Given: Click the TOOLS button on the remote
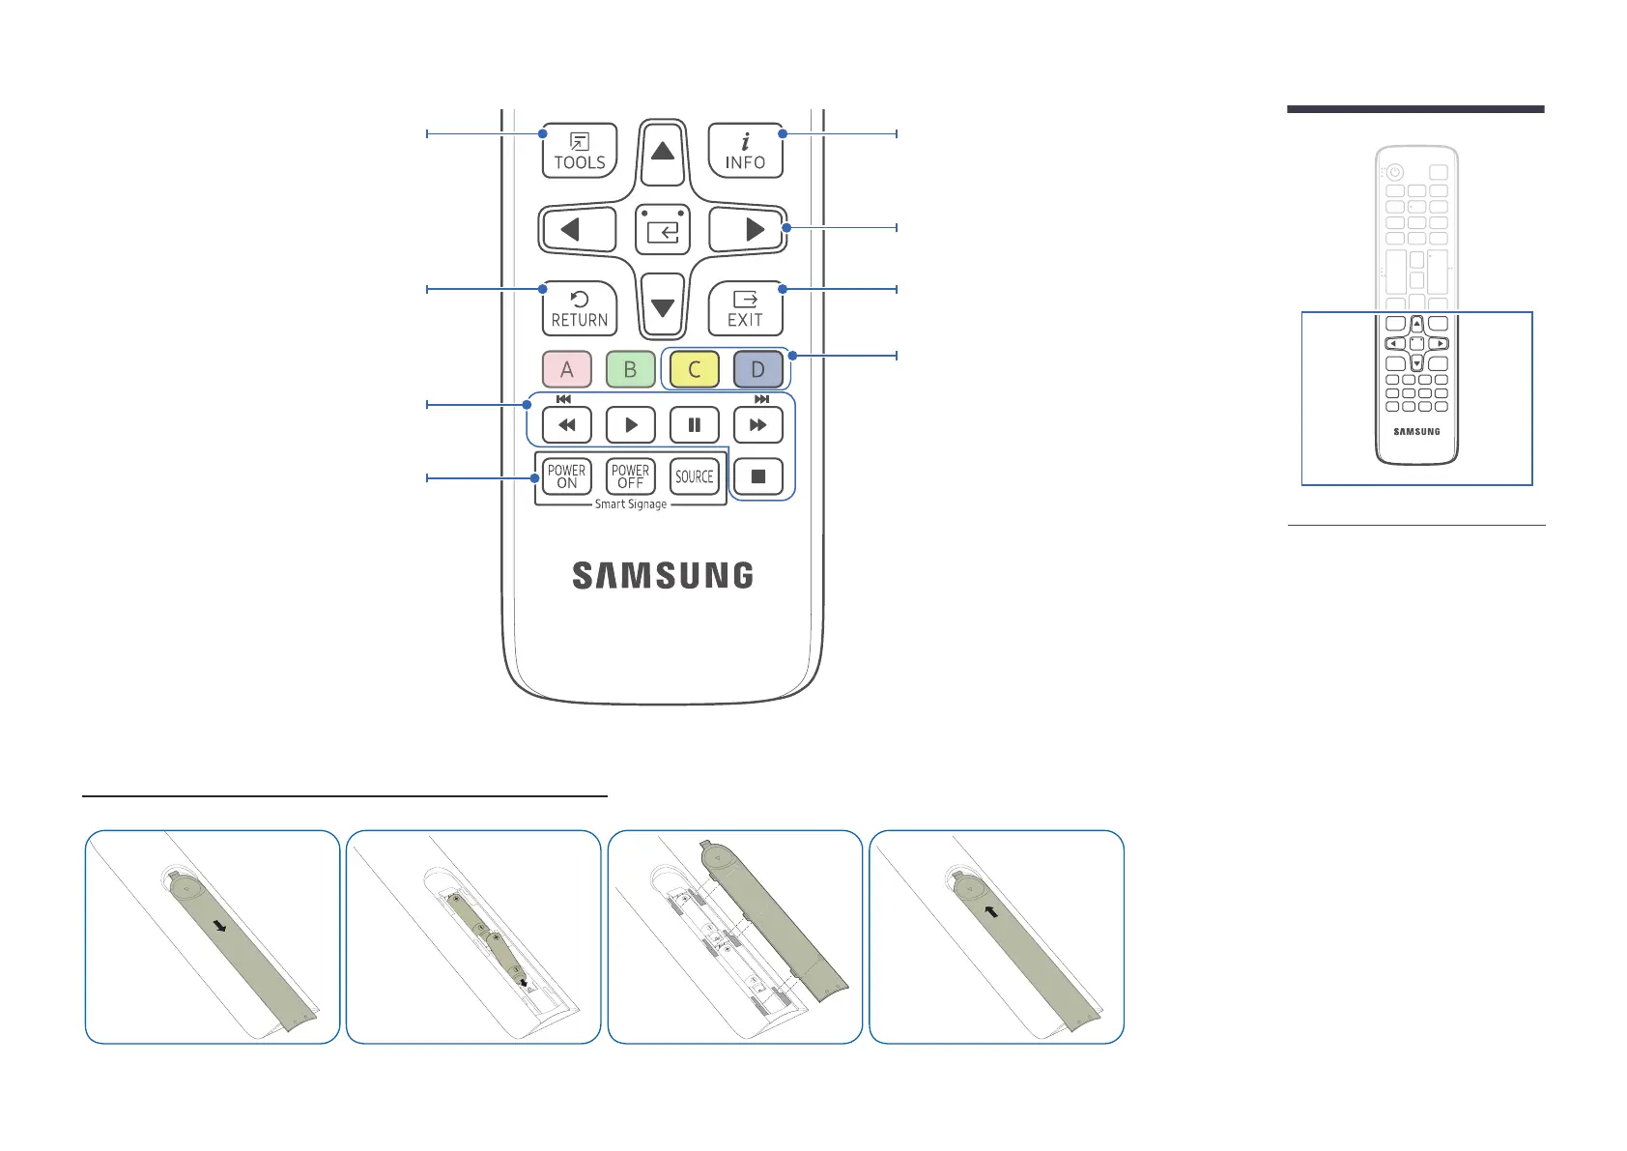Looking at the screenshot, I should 579,152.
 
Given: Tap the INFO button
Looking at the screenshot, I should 745,152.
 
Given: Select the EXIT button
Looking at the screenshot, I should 745,309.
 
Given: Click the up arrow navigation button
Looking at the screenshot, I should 662,151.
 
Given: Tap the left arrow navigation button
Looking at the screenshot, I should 577,230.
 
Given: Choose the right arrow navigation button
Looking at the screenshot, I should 748,230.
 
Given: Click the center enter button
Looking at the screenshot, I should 663,230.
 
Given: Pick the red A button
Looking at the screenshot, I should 567,369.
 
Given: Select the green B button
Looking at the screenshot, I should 630,369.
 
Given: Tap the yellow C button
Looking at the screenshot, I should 694,369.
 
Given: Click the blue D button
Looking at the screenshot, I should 757,369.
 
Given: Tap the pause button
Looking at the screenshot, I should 694,425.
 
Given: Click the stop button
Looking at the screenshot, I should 758,476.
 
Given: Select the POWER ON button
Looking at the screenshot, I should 567,476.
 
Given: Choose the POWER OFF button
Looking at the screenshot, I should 630,476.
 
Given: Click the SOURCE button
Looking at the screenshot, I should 694,476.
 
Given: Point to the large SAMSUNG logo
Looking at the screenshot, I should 663,576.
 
